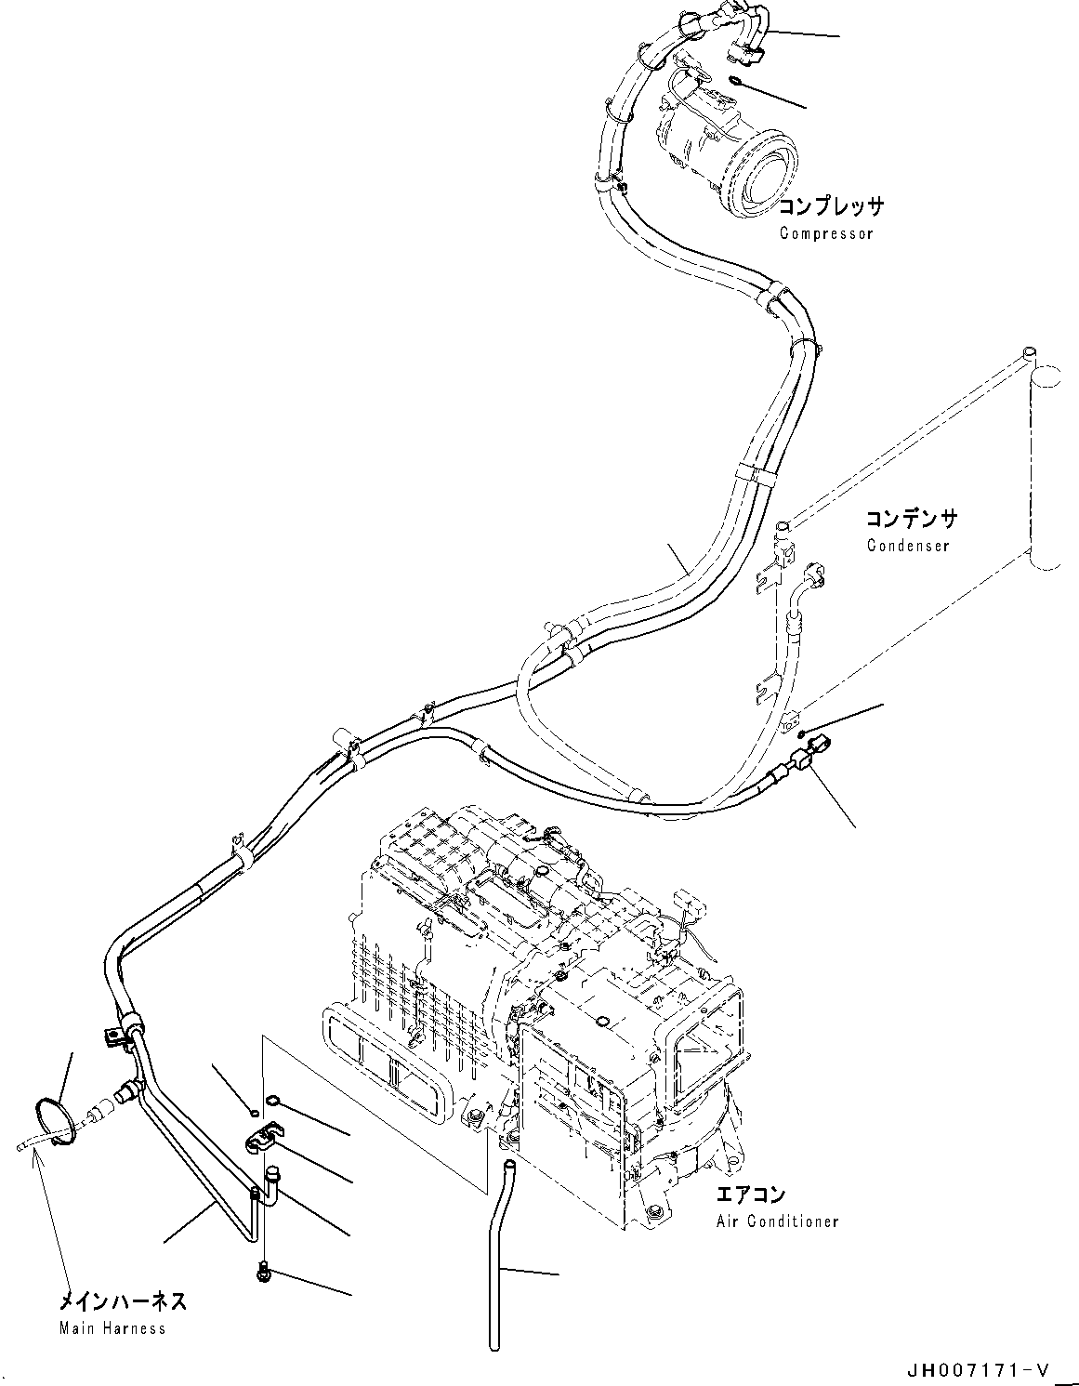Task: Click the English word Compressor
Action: pyautogui.click(x=826, y=233)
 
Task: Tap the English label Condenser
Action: pyautogui.click(x=908, y=546)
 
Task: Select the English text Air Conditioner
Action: pyautogui.click(x=777, y=1221)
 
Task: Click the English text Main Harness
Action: pyautogui.click(x=112, y=1327)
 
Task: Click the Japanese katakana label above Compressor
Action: pyautogui.click(x=831, y=206)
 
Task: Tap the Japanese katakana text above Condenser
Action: pyautogui.click(x=912, y=519)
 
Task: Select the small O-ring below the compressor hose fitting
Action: pyautogui.click(x=735, y=80)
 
